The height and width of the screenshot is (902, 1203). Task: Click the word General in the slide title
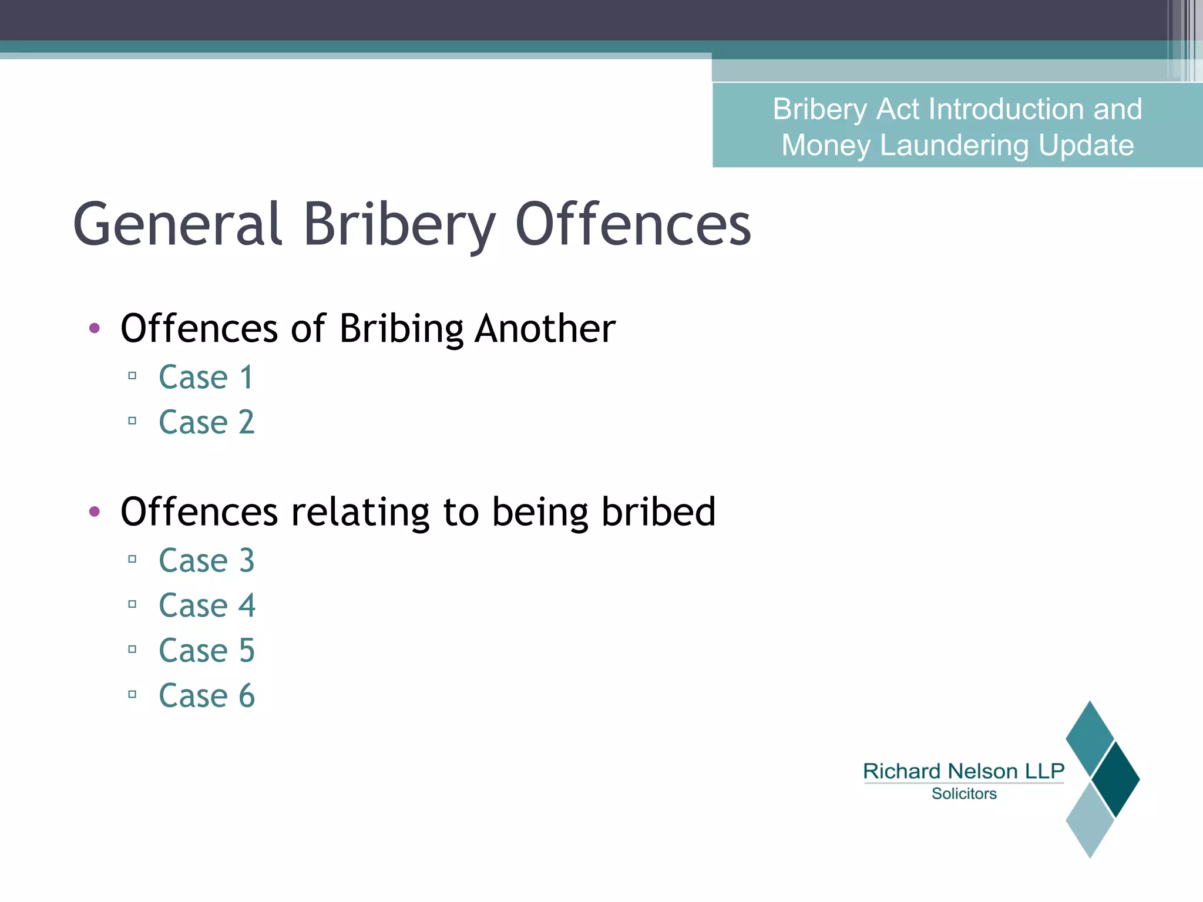click(x=177, y=224)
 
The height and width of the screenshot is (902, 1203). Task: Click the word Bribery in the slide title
click(x=399, y=225)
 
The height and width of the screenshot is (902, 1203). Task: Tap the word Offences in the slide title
click(x=633, y=224)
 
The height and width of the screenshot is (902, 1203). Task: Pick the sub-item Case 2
click(x=207, y=422)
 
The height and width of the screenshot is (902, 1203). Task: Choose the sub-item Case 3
click(x=207, y=560)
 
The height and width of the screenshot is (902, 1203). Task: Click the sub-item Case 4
click(x=207, y=605)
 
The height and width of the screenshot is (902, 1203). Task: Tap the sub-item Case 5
click(x=207, y=651)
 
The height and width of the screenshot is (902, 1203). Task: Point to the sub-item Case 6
click(x=207, y=696)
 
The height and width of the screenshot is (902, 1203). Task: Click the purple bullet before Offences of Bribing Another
click(x=95, y=328)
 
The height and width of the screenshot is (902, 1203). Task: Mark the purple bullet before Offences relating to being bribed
click(x=95, y=511)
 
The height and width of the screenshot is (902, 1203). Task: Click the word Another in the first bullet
click(x=545, y=328)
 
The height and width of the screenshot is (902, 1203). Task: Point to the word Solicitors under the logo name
click(x=964, y=794)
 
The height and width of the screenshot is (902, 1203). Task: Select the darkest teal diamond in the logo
click(x=1115, y=780)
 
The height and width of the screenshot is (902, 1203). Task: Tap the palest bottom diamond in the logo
click(x=1090, y=820)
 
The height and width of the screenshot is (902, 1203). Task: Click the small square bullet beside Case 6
click(x=132, y=695)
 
